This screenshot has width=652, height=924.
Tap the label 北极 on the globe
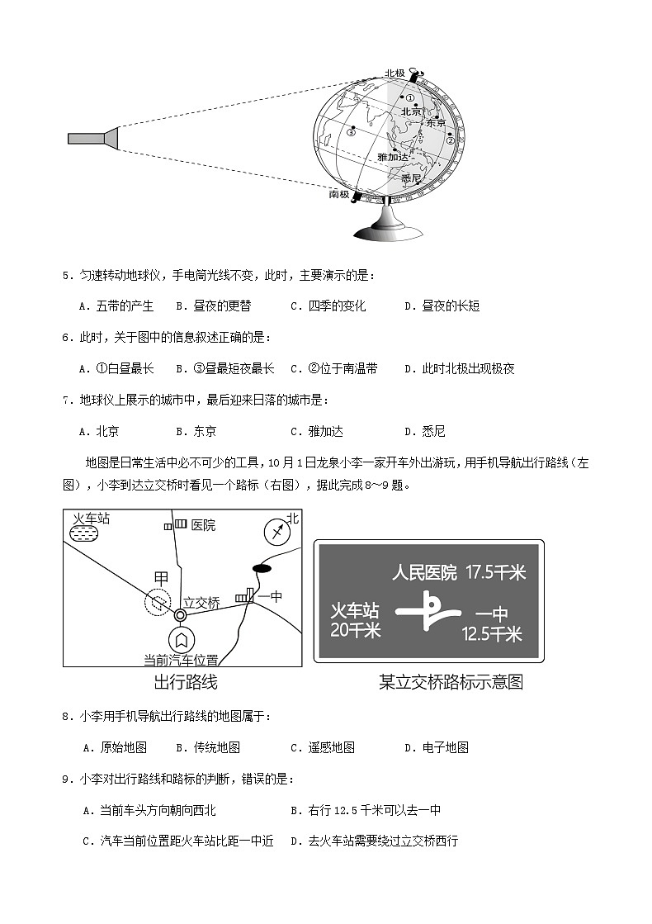click(x=395, y=73)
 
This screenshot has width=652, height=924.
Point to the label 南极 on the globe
click(x=339, y=194)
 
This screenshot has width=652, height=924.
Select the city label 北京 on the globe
click(x=411, y=111)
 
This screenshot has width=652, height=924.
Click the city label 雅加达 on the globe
click(x=393, y=156)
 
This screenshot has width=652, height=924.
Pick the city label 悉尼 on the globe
click(x=411, y=178)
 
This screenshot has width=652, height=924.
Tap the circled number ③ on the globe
click(x=351, y=130)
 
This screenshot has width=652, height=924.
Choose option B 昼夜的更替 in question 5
click(x=213, y=306)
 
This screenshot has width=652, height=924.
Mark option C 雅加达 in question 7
click(x=317, y=431)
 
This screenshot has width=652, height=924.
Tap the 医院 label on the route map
click(x=203, y=525)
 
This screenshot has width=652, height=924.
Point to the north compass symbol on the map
click(x=278, y=531)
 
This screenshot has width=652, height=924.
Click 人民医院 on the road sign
click(x=424, y=572)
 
